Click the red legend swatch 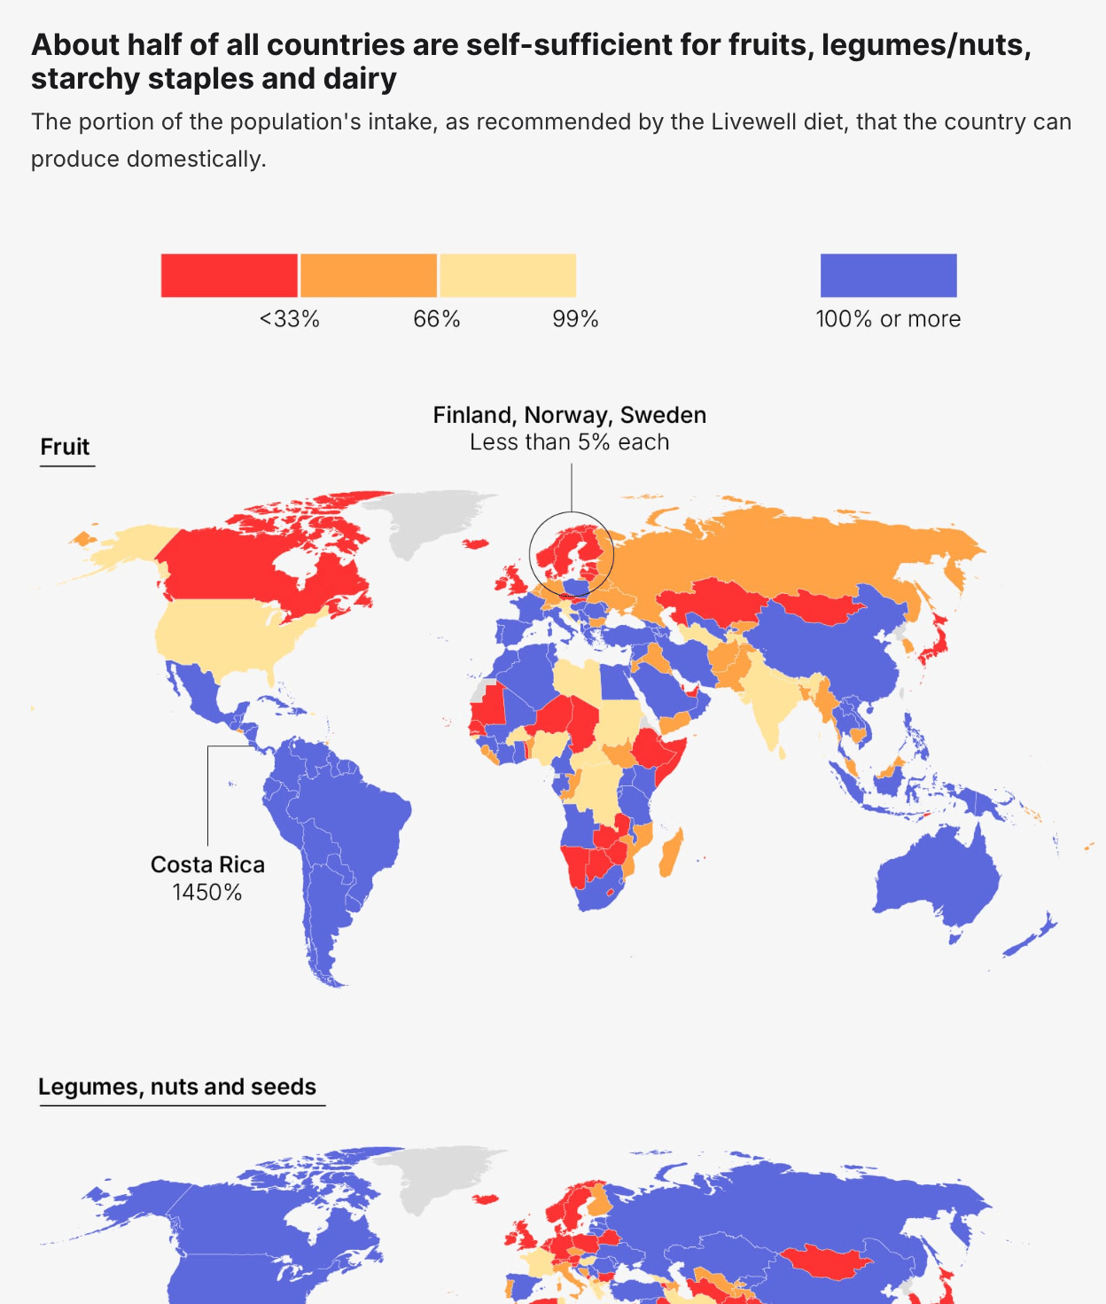(229, 276)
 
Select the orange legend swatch (369, 276)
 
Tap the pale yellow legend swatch (508, 276)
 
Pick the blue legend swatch (888, 276)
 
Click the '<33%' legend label (289, 319)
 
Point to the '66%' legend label (437, 319)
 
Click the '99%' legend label (575, 319)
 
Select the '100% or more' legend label (888, 319)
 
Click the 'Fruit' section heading (65, 447)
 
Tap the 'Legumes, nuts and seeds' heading (177, 1087)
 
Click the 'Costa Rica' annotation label (207, 864)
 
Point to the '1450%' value (207, 892)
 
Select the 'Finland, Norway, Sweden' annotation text (569, 415)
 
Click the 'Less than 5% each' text (569, 442)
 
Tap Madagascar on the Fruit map (671, 853)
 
